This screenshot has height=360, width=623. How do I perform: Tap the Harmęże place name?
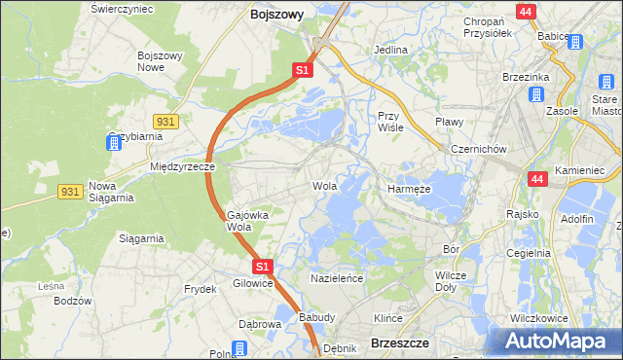pyautogui.click(x=409, y=189)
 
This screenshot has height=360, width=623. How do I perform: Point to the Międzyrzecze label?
pyautogui.click(x=182, y=166)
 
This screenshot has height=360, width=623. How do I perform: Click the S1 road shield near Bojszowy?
pyautogui.click(x=303, y=70)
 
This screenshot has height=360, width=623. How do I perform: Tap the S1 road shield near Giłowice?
pyautogui.click(x=262, y=266)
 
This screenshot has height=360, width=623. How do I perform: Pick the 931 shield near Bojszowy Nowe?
pyautogui.click(x=165, y=120)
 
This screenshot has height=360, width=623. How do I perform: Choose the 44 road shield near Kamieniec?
pyautogui.click(x=537, y=179)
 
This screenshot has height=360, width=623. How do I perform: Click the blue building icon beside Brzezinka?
pyautogui.click(x=535, y=94)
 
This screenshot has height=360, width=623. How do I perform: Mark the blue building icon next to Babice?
pyautogui.click(x=574, y=42)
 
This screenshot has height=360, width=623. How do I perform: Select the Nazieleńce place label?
pyautogui.click(x=337, y=278)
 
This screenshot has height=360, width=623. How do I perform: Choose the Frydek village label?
pyautogui.click(x=200, y=289)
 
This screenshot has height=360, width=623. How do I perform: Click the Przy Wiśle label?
pyautogui.click(x=390, y=121)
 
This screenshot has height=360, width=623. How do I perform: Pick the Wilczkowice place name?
pyautogui.click(x=539, y=318)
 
